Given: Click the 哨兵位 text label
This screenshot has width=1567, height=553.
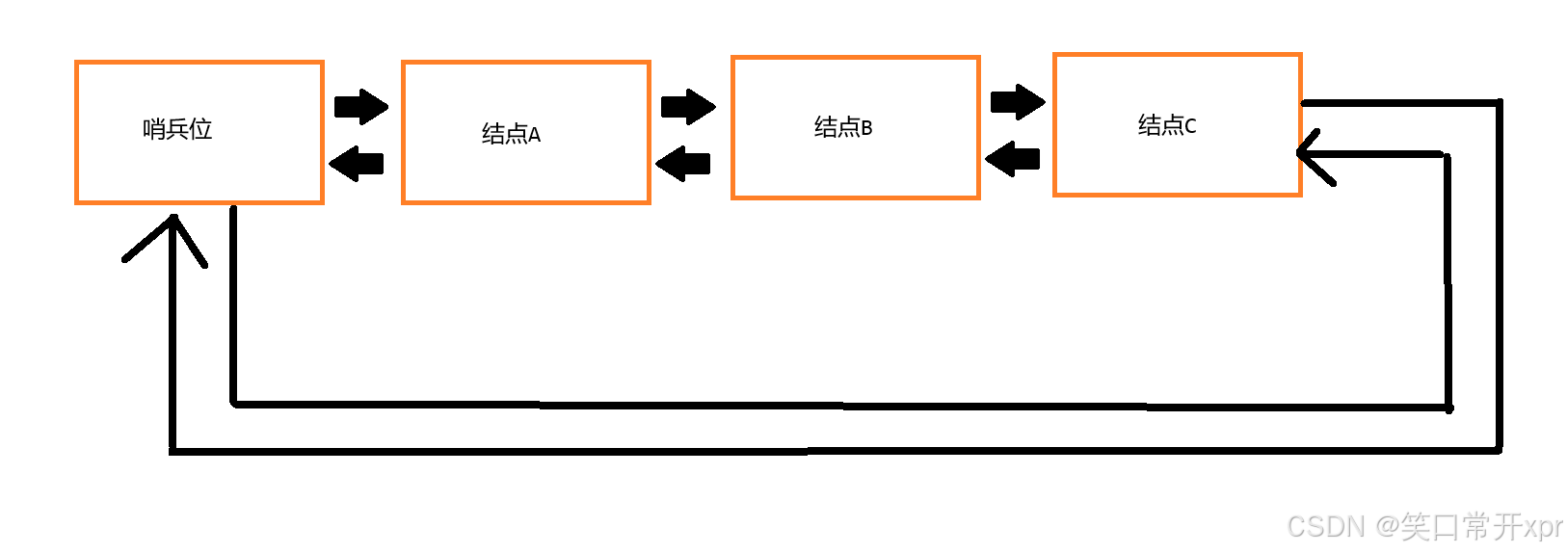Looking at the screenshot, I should [177, 129].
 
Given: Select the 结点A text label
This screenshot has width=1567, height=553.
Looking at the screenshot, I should [511, 134].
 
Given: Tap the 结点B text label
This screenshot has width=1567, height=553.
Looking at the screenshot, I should [843, 127].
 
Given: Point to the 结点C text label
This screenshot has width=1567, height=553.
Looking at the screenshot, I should [1167, 125].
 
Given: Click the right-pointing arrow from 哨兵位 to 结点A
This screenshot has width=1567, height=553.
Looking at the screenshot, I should [360, 106].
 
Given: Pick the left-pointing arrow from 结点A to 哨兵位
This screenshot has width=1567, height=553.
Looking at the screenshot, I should [357, 164].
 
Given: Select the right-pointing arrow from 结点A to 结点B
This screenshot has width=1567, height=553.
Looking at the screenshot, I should [688, 106].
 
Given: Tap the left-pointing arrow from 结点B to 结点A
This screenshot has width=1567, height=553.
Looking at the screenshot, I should [683, 164].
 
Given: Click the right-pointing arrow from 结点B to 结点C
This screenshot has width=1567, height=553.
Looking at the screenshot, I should [1018, 101].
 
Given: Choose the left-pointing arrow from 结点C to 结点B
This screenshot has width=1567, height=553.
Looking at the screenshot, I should [1013, 159].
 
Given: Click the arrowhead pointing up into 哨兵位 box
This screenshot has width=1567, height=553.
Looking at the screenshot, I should [172, 231].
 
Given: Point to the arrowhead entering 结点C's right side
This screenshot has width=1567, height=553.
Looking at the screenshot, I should [1313, 154].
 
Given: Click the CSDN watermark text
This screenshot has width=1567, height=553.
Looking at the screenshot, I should [1326, 526].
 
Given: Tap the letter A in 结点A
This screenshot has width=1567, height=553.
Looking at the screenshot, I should [535, 135].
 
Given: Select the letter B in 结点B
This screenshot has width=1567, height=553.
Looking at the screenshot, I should [866, 128].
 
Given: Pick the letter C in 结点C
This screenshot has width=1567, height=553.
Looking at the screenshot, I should [1190, 126].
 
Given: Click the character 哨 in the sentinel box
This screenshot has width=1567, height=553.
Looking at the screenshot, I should [154, 129].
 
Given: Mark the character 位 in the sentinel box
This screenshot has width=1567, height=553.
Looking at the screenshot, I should [200, 129].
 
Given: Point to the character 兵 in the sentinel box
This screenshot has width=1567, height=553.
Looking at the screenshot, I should [177, 129].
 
